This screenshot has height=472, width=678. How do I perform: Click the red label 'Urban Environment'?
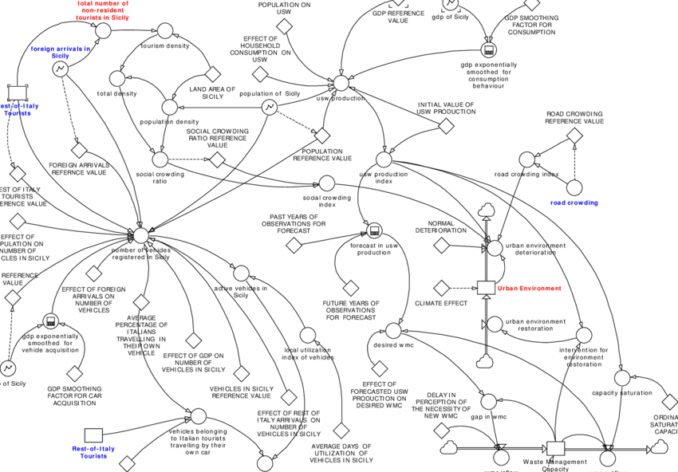[529, 288]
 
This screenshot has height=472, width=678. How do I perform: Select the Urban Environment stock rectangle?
[486, 287]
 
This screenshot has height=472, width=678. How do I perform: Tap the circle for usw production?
[341, 83]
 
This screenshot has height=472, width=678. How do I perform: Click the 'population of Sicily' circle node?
[270, 107]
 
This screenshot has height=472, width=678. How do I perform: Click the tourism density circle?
[165, 31]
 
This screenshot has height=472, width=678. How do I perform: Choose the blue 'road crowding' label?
[574, 203]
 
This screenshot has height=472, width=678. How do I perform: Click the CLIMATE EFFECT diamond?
[441, 287]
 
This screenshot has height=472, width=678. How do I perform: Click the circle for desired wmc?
[392, 330]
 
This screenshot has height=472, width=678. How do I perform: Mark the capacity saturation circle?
[622, 377]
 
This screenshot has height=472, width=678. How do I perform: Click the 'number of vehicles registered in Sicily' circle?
[140, 235]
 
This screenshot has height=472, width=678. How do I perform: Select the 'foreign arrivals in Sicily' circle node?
[61, 69]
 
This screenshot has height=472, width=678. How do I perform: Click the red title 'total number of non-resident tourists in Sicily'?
[108, 10]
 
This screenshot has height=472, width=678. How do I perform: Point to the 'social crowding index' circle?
[325, 183]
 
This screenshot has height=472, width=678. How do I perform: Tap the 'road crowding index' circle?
[526, 159]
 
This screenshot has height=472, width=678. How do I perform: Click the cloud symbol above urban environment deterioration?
[487, 211]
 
